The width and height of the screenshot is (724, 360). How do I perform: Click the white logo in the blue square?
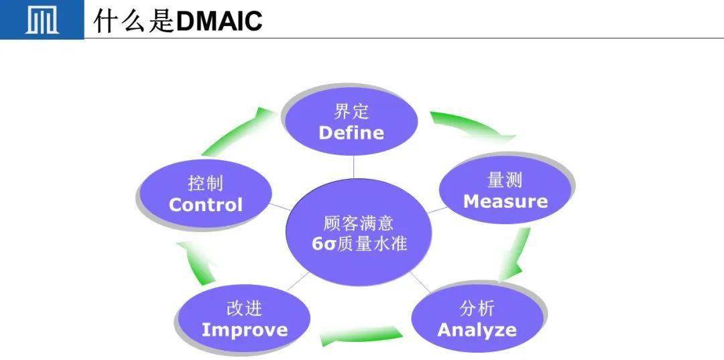[42, 20]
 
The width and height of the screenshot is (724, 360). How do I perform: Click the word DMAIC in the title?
[219, 21]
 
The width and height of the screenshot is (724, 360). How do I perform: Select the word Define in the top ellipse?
[351, 133]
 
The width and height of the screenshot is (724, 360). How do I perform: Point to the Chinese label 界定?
[351, 111]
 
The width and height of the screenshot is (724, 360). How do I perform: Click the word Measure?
[505, 201]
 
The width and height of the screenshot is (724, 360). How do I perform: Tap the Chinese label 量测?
[505, 180]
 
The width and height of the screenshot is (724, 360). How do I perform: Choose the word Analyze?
[477, 330]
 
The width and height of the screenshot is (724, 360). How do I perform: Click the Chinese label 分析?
[477, 308]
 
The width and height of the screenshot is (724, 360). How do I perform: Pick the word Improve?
[244, 330]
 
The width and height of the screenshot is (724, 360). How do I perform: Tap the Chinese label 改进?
[244, 308]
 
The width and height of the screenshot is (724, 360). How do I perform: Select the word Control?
[205, 204]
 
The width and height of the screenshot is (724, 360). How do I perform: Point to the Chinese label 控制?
[205, 183]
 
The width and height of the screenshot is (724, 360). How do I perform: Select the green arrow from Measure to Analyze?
[516, 255]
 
